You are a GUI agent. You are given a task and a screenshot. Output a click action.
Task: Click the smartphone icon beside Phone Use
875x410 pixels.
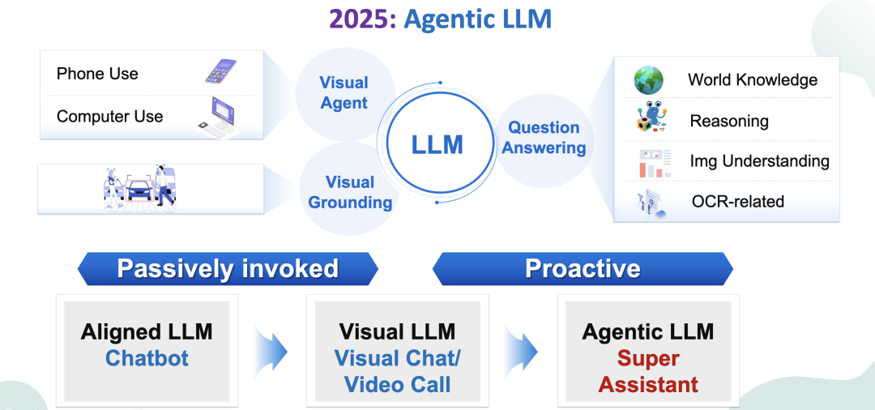[220, 71]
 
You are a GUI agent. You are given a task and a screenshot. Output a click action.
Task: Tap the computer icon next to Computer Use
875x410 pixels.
[218, 117]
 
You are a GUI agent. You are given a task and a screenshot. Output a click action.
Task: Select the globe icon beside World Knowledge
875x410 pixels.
[648, 79]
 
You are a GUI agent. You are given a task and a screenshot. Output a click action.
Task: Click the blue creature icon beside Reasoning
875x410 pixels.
[651, 117]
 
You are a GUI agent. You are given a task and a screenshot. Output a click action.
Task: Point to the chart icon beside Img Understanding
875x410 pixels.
[654, 163]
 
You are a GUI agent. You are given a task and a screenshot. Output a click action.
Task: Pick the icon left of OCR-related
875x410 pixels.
[651, 203]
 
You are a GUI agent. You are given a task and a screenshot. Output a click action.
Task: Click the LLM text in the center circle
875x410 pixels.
[437, 144]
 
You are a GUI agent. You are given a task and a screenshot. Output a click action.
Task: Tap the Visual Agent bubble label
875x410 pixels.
[344, 92]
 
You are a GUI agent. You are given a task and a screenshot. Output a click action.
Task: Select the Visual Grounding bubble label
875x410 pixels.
[350, 192]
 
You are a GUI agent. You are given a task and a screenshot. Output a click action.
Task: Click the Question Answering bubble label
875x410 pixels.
[544, 138]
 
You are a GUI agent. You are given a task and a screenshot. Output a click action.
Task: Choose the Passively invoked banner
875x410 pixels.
[228, 268]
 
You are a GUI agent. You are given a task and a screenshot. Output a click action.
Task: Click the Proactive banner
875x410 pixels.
[583, 268]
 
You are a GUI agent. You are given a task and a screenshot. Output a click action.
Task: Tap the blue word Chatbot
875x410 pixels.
[147, 358]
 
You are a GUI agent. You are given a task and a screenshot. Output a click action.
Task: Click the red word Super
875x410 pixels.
[648, 358]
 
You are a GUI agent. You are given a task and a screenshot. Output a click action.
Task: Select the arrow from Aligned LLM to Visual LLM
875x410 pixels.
[272, 352]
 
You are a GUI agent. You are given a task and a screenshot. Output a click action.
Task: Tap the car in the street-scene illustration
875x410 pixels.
[139, 190]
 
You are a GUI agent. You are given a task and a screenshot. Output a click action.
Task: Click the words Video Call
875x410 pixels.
[397, 385]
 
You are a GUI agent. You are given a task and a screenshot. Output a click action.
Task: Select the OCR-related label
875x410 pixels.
[738, 201]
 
